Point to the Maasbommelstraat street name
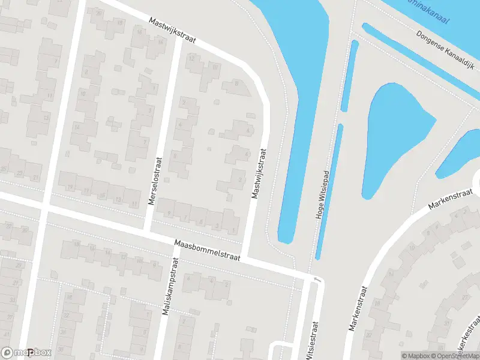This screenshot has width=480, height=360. [207, 251]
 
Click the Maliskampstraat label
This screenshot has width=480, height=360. [170, 287]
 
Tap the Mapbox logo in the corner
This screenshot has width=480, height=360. [26, 353]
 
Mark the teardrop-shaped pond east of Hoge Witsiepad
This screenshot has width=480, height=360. [393, 135]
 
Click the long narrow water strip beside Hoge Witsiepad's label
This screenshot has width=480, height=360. [329, 192]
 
